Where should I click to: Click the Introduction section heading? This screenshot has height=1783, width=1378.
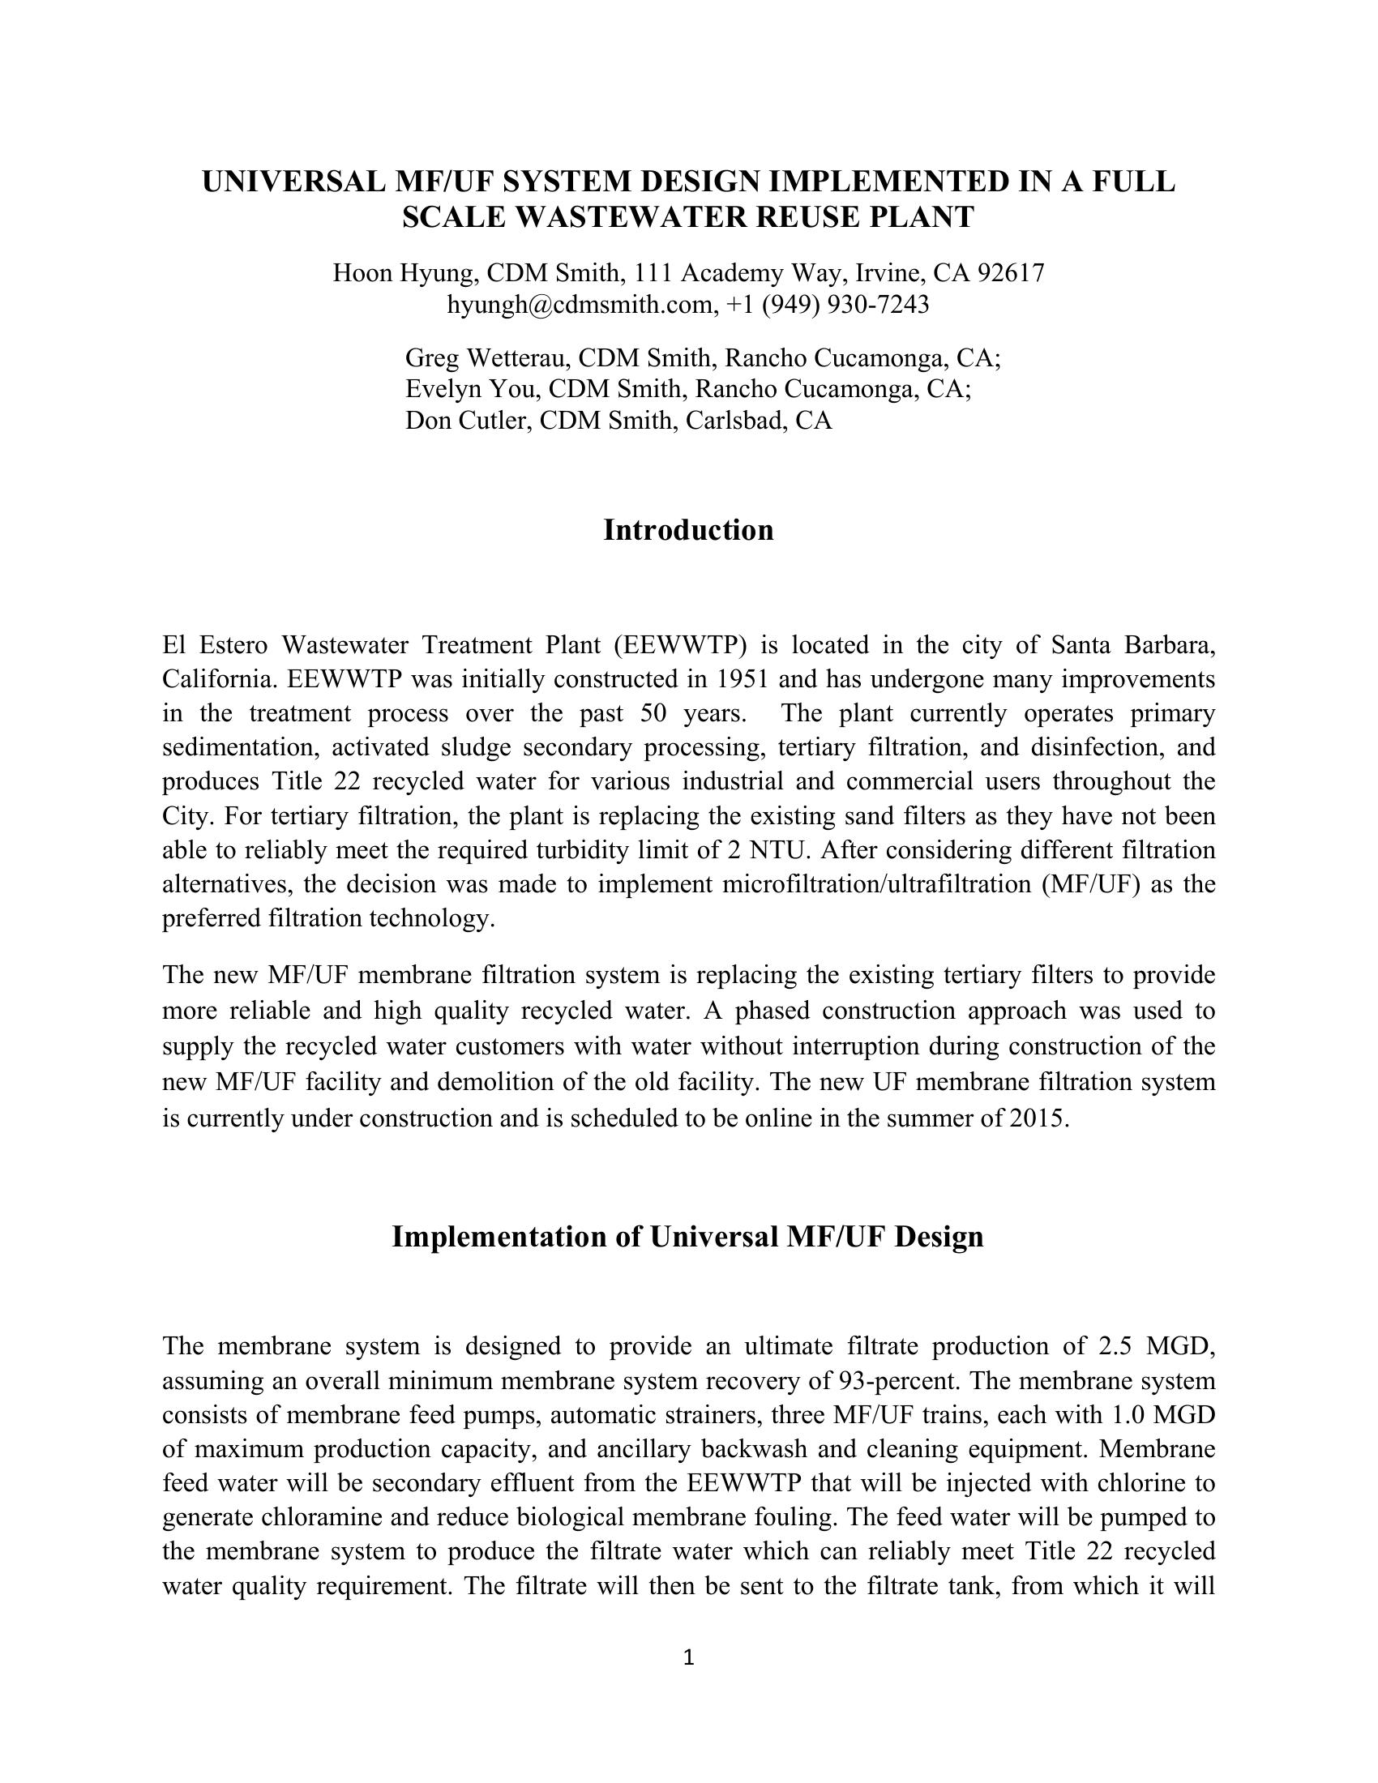(688, 531)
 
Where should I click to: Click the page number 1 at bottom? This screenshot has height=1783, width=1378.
(688, 1657)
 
